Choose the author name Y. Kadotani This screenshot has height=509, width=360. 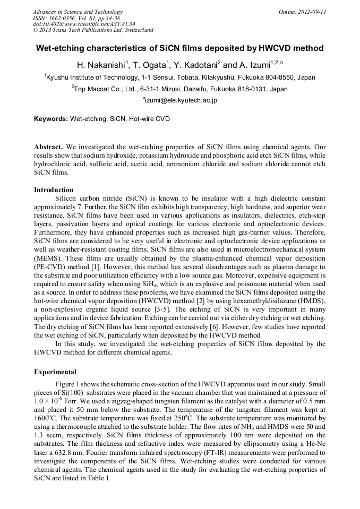[195, 65]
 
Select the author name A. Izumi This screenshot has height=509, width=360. [253, 65]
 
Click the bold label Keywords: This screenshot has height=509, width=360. [51, 119]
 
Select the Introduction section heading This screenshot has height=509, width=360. [54, 189]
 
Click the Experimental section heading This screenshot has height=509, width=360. [55, 372]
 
